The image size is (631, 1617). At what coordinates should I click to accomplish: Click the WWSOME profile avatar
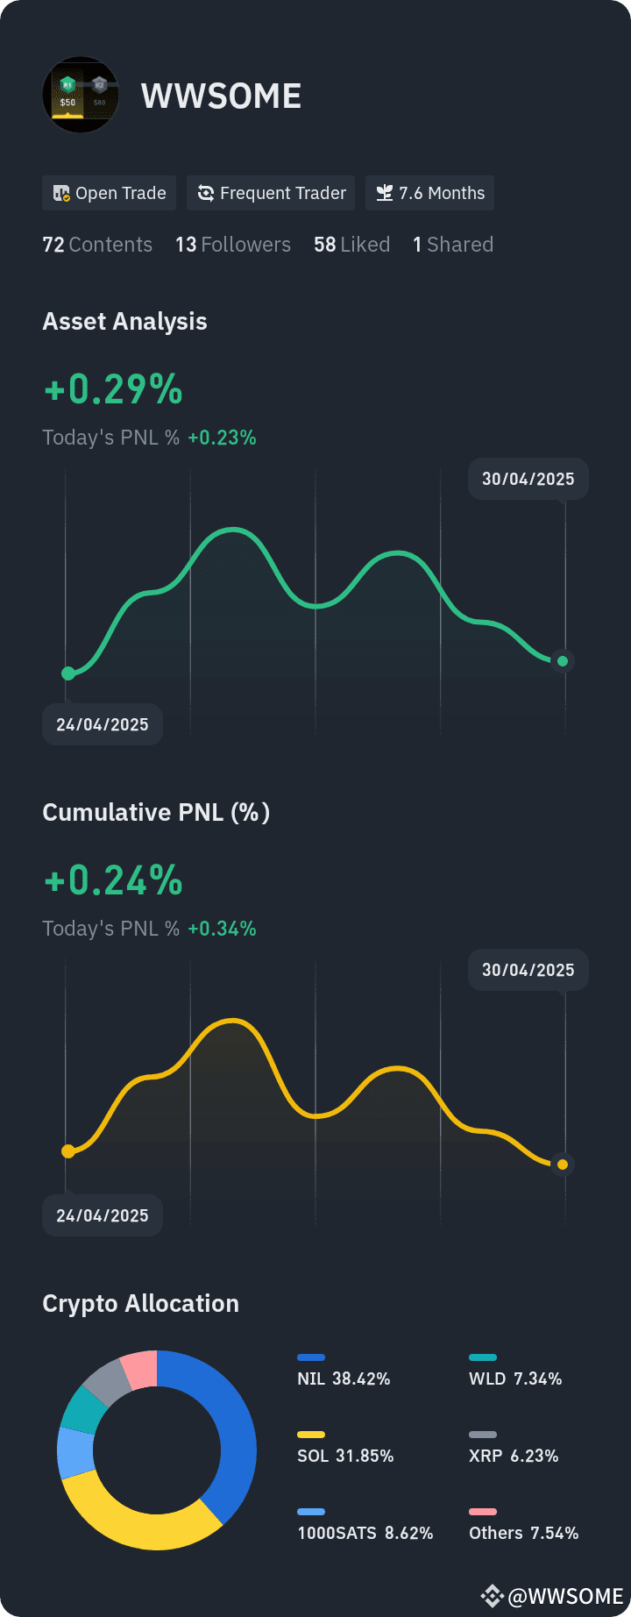[x=80, y=96]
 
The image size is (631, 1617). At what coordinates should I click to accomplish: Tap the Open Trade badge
[x=110, y=193]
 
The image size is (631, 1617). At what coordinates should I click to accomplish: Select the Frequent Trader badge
[x=271, y=193]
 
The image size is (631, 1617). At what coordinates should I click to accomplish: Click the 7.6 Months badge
[x=429, y=193]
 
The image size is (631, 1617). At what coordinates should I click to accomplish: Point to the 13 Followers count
[x=232, y=245]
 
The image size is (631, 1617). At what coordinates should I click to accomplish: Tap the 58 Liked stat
[x=351, y=245]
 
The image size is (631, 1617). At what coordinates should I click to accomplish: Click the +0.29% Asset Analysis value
[x=113, y=389]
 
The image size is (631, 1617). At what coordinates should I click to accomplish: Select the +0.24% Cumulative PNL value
[x=113, y=880]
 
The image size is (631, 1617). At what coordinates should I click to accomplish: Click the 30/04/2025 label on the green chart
[x=528, y=479]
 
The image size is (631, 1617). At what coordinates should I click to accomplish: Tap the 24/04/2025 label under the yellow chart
[x=103, y=1215]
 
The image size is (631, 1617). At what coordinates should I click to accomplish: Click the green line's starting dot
[x=68, y=673]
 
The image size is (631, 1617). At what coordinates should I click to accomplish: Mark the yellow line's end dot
[x=563, y=1165]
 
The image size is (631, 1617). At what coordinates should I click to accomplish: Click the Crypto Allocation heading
[x=140, y=1303]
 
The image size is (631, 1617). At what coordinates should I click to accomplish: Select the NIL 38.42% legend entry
[x=344, y=1378]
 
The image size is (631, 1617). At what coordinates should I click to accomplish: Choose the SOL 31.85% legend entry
[x=345, y=1456]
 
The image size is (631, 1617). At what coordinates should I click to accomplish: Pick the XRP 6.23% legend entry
[x=514, y=1456]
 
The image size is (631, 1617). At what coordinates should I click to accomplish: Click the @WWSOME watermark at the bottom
[x=564, y=1596]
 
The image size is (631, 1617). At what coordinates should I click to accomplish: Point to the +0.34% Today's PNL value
[x=222, y=929]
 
